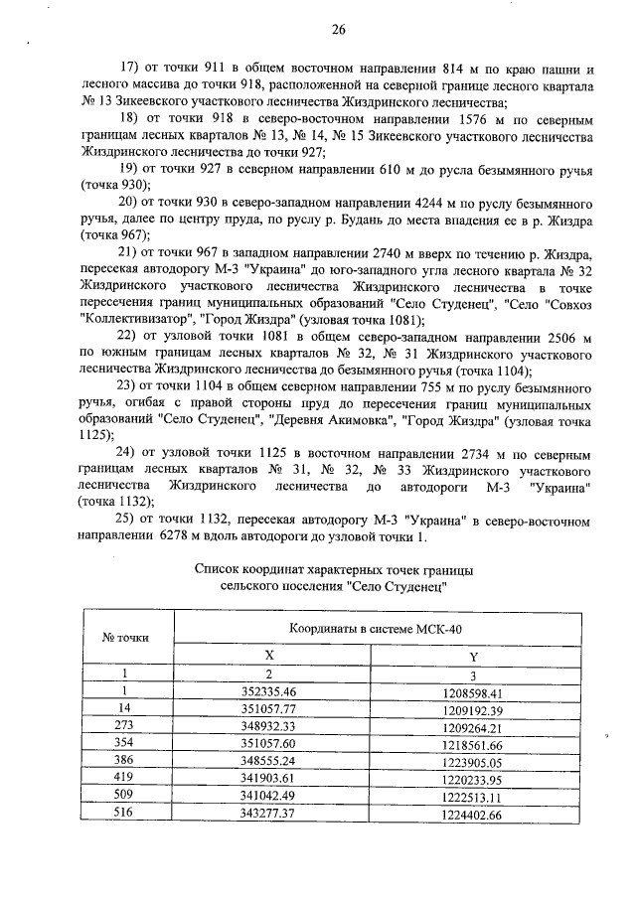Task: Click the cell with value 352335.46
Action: (x=269, y=691)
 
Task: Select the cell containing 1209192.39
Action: (x=473, y=709)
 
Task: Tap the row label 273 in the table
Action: (x=125, y=726)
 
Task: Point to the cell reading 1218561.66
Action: (x=473, y=744)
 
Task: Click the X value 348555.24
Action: (x=269, y=762)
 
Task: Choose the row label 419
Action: (x=125, y=780)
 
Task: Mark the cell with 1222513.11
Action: (x=473, y=798)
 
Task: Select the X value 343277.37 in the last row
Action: (x=269, y=816)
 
